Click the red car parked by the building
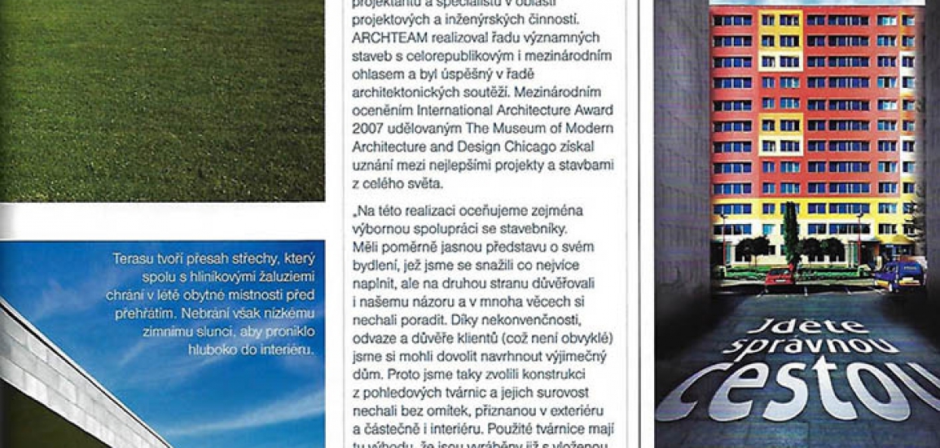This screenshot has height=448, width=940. click(x=780, y=275)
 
